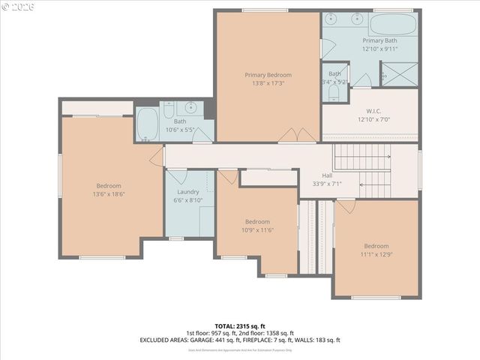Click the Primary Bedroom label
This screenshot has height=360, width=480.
point(268,75)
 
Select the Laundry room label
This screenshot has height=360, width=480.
point(187,192)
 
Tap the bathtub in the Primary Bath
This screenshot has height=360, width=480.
point(393,24)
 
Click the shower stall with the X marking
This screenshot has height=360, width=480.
point(398,74)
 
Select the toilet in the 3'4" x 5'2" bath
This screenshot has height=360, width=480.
point(334,91)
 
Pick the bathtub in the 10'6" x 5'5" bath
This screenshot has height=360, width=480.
point(147,124)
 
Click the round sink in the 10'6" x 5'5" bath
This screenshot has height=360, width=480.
point(192,106)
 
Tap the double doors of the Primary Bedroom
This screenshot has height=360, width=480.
point(297,135)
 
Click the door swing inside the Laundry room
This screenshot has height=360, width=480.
point(177,177)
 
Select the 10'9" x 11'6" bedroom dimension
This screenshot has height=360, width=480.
point(257,230)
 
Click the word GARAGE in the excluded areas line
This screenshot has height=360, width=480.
point(228,340)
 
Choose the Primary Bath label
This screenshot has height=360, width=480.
point(380,40)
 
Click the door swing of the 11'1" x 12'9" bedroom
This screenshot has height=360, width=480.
point(345,205)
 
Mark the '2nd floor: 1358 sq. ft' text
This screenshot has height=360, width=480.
point(266,333)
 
